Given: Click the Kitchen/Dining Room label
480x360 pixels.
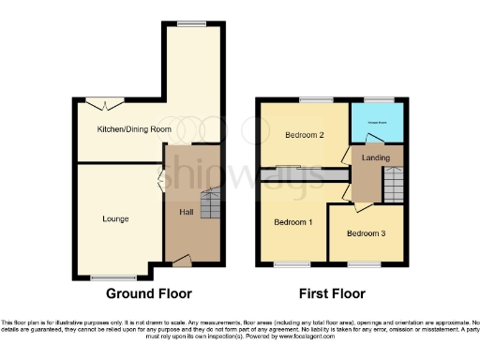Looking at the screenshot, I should (134, 128).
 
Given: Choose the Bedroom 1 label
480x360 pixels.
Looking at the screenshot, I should (292, 222).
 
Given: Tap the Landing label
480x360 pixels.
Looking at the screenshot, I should (375, 157).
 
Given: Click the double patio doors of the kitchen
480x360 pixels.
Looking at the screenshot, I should (99, 103).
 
